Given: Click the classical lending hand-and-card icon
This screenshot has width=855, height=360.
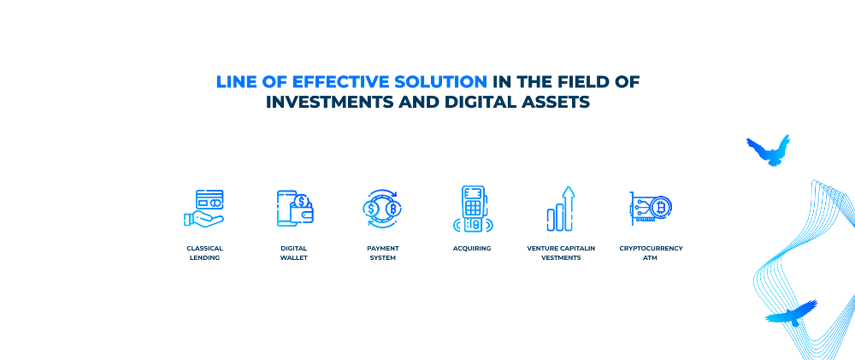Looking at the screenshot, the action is point(204,208).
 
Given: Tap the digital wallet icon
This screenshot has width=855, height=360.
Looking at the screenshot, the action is point(294,208).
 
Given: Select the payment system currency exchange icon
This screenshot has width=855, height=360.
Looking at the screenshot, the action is point(381,208).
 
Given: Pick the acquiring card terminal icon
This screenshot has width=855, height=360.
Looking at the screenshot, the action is point(472,209).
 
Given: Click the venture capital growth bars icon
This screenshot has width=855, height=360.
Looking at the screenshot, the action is point(561,209).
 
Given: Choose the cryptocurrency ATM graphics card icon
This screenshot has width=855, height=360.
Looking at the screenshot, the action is point(651,208).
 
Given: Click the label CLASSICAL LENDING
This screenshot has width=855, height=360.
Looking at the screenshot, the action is point(204,253).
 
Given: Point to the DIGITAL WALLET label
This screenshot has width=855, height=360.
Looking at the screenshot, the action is point(294,253).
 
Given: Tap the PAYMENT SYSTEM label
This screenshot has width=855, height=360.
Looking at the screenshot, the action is point(383,253).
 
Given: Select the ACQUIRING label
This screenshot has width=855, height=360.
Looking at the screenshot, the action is point(472,249).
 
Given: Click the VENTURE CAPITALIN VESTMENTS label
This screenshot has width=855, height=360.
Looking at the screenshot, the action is point(561,253).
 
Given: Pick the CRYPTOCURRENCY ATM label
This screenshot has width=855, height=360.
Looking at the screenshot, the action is point(651,253).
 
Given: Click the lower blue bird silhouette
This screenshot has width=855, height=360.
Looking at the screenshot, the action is point(792,314).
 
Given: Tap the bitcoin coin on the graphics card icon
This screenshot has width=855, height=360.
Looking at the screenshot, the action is point(662,207).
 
